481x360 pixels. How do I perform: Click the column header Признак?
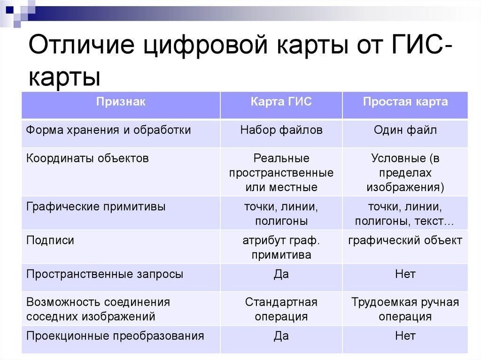[121, 102]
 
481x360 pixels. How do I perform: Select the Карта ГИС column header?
[281, 102]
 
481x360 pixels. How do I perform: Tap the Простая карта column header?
[405, 102]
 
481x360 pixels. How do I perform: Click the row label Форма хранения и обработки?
[109, 130]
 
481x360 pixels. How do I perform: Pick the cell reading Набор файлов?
[281, 130]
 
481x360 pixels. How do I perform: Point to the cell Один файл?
[405, 130]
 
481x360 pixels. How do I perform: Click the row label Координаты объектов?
[87, 158]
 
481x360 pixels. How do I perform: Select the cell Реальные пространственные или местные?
[281, 173]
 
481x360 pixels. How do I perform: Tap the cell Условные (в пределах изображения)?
[405, 173]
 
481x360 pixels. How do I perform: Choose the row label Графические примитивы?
[96, 207]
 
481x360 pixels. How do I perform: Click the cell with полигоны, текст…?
[405, 214]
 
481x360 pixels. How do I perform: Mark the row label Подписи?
[50, 241]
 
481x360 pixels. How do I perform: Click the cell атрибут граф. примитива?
[281, 248]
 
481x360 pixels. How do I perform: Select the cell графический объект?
[405, 241]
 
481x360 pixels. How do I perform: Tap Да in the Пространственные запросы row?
[281, 274]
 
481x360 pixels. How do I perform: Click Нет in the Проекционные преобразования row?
[405, 336]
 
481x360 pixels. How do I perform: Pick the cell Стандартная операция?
[281, 309]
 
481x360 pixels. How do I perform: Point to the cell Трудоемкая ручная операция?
[405, 309]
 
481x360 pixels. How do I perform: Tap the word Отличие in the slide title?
[80, 48]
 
